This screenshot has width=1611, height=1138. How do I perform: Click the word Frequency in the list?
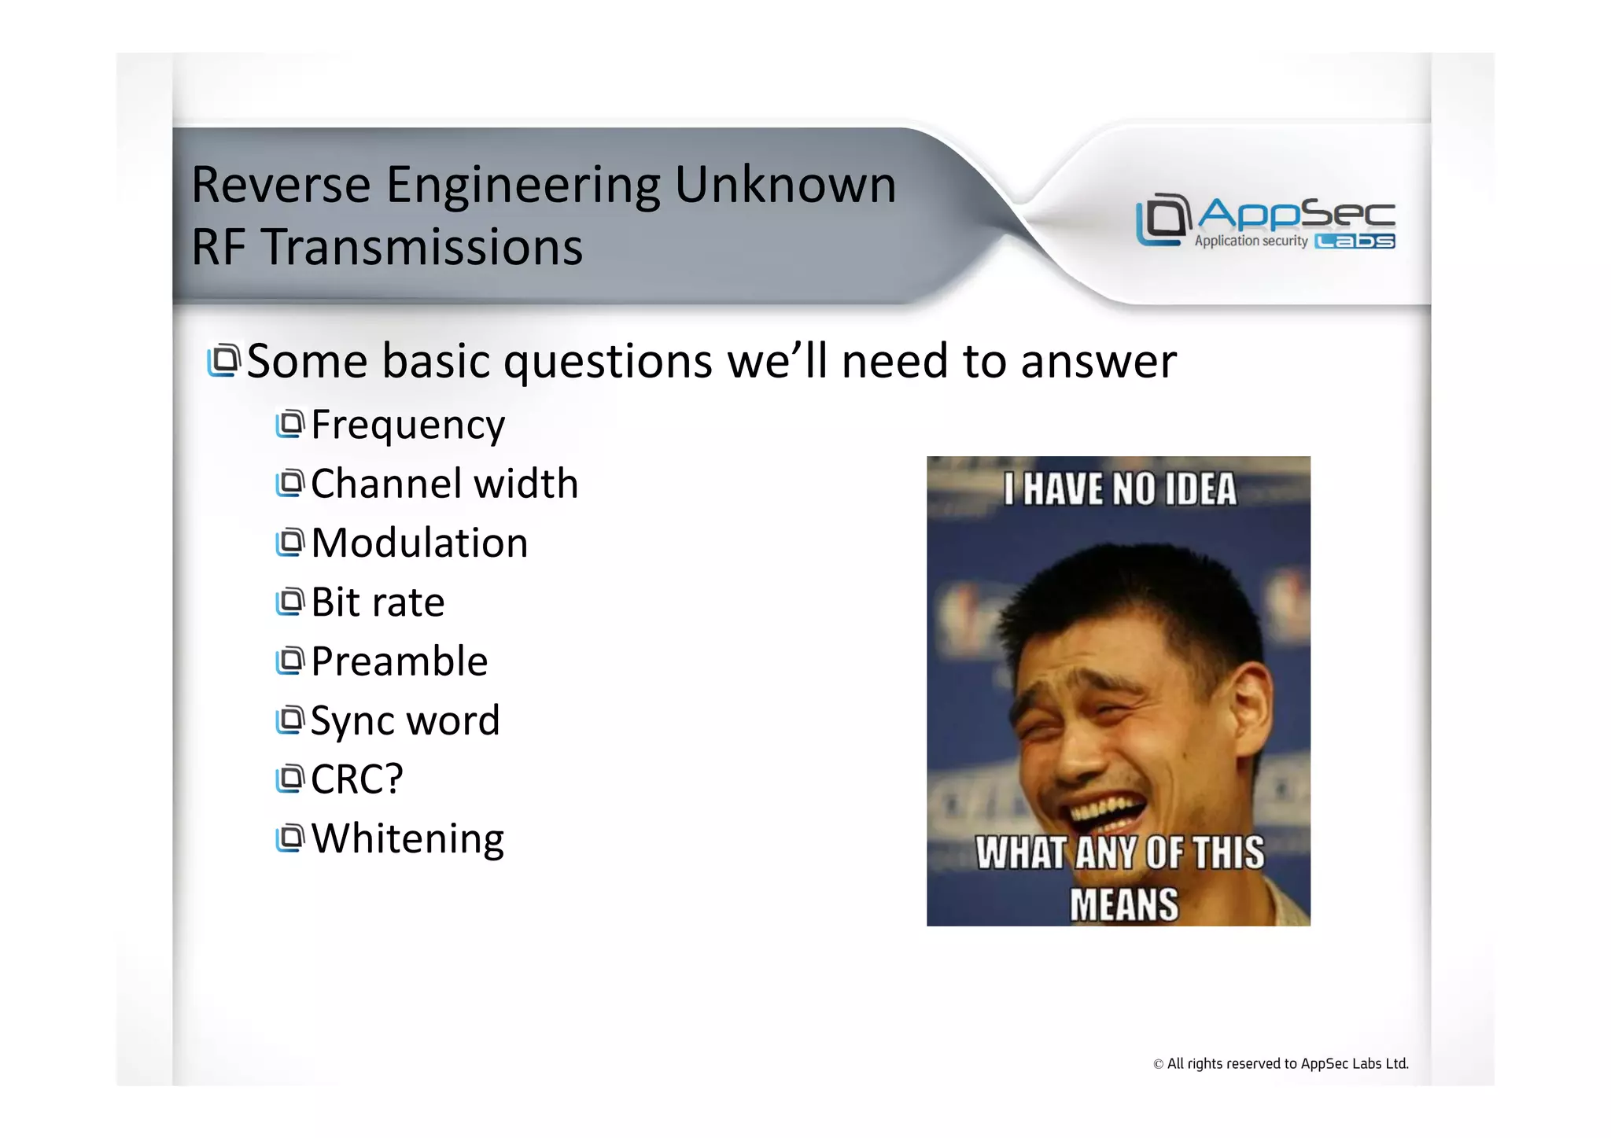pos(407,425)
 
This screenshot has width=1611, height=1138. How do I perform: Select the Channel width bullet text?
pos(444,484)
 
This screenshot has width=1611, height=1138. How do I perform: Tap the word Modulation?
pos(419,543)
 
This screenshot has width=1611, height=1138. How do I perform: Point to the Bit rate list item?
pos(378,602)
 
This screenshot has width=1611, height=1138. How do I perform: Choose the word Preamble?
pos(399,661)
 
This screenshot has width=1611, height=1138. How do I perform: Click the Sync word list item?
pos(404,720)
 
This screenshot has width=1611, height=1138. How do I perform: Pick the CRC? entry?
pos(356,779)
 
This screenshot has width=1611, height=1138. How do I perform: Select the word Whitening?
pos(407,838)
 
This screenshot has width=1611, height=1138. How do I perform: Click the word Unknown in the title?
pos(785,186)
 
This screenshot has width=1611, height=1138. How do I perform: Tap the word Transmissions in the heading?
pos(422,248)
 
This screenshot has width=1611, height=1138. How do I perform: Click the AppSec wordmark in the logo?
pos(1296,213)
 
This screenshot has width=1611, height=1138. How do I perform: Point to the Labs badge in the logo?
pos(1355,241)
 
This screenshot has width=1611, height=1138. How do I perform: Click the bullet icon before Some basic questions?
pos(223,361)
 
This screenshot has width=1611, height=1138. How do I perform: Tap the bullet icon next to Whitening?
pos(289,838)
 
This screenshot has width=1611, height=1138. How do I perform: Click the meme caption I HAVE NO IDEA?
pos(1119,489)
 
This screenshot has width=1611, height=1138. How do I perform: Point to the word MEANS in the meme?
pos(1123,904)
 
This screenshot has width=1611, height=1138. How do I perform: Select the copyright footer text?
pos(1280,1064)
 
